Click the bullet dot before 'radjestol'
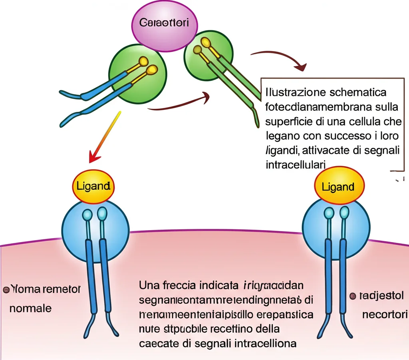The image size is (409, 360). coord(352,296)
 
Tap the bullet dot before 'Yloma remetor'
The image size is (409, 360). coord(6,289)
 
